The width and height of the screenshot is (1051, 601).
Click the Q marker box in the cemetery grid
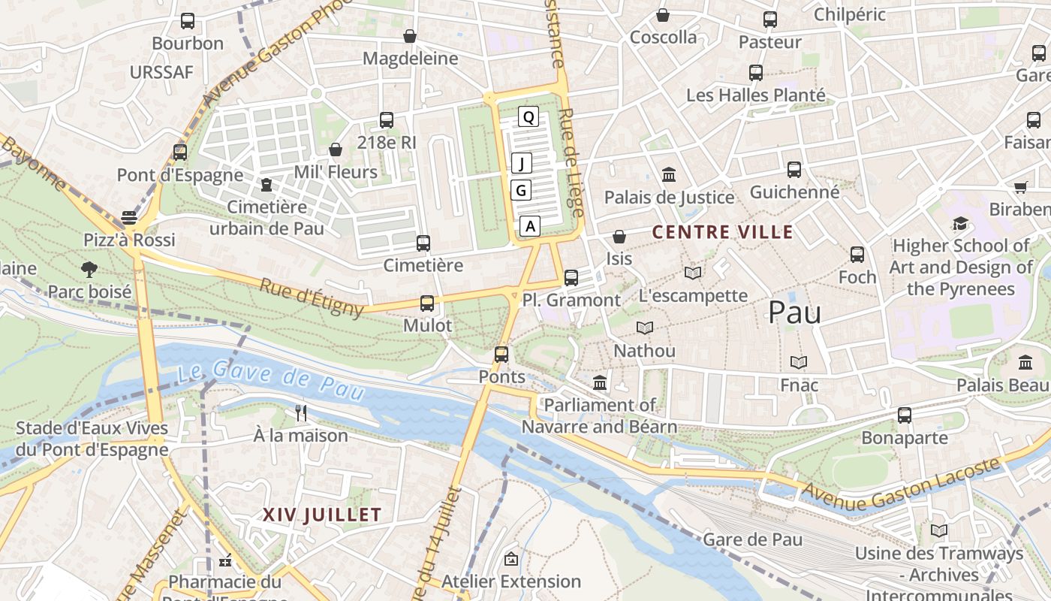(x=529, y=116)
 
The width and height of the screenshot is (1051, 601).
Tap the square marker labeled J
(x=522, y=163)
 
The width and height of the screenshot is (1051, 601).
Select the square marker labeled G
(x=521, y=190)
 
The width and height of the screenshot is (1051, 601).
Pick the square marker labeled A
(x=530, y=225)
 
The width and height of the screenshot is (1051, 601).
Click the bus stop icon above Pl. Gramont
(x=571, y=277)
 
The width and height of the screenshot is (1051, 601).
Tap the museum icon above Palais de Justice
(x=669, y=175)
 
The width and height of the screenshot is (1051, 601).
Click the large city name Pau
(x=794, y=313)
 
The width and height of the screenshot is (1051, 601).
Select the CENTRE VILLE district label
(x=722, y=232)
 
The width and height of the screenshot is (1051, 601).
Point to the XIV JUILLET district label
(x=322, y=515)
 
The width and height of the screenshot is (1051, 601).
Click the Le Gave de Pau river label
(x=271, y=380)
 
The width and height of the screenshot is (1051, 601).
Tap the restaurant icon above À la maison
(x=301, y=412)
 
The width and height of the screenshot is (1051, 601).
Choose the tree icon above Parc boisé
(x=89, y=269)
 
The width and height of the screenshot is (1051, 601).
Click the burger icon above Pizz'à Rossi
(x=129, y=218)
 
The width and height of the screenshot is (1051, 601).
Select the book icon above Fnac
(x=799, y=363)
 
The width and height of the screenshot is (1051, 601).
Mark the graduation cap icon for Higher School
(x=960, y=223)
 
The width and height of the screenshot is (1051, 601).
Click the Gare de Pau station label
(x=752, y=539)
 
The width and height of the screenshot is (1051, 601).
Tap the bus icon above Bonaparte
(x=905, y=415)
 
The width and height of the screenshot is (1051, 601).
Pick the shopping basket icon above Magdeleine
(x=410, y=36)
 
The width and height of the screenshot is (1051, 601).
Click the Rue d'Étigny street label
(x=312, y=297)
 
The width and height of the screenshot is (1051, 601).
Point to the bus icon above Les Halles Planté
(x=756, y=73)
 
